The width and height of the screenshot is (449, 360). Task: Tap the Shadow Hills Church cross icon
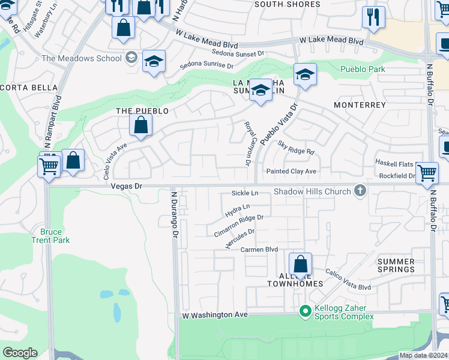click(x=360, y=191)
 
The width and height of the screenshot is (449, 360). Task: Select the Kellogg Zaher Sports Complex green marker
click(x=306, y=311)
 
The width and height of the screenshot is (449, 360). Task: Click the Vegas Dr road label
click(x=126, y=187)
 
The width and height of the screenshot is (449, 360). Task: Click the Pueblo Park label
click(x=363, y=70)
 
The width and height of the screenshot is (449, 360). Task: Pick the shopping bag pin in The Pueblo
click(x=140, y=125)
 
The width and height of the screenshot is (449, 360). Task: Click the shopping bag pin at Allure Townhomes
click(x=300, y=264)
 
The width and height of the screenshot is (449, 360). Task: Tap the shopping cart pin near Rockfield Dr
click(x=427, y=173)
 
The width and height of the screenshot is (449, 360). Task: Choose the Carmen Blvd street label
click(x=259, y=249)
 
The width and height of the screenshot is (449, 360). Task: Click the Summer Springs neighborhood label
click(x=396, y=265)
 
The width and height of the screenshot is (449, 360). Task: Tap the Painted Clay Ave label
click(x=292, y=172)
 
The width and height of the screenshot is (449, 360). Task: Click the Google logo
click(x=20, y=352)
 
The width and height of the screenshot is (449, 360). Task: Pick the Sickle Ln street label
click(x=245, y=193)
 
